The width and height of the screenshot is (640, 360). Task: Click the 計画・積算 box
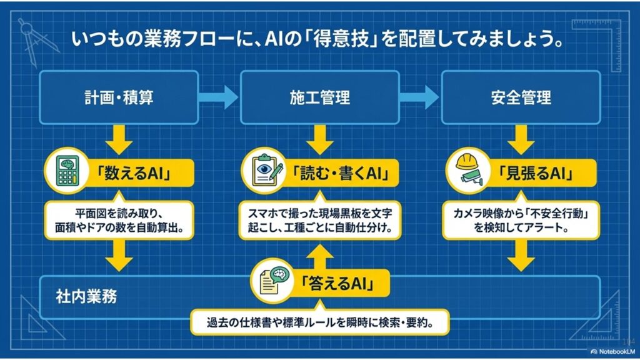tap(118, 97)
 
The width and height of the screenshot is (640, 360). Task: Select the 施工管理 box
tap(319, 97)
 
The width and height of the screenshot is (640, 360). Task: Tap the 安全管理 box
tap(521, 97)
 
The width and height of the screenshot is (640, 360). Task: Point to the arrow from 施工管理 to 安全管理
tap(420, 97)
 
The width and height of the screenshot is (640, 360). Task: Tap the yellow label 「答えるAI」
tap(337, 284)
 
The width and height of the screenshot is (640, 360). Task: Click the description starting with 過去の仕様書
tap(319, 323)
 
